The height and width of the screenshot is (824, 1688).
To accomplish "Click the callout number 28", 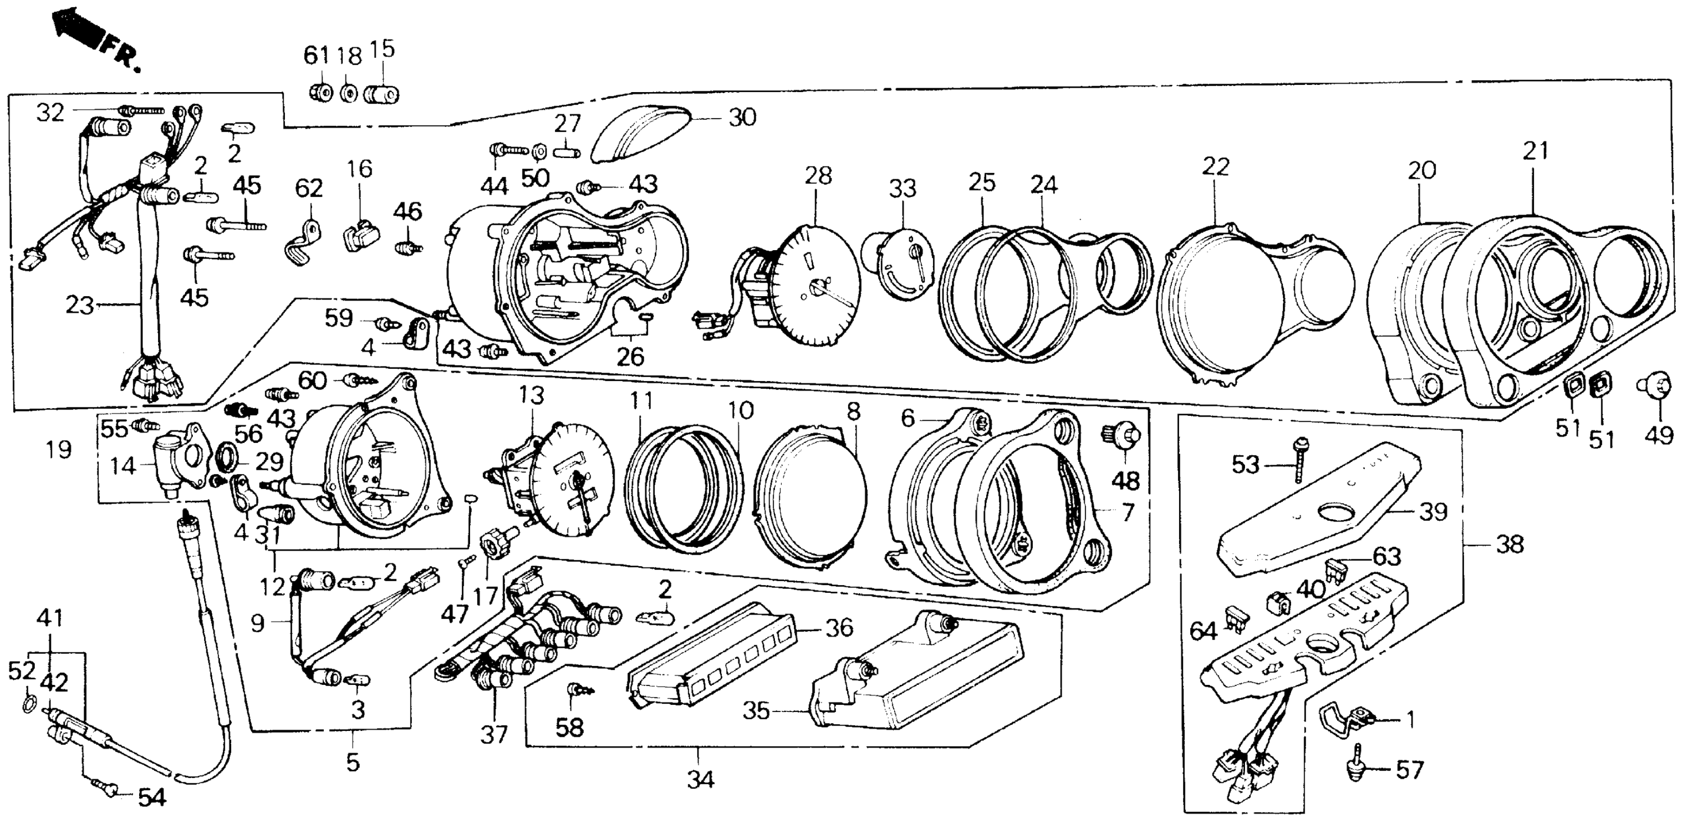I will coord(818,176).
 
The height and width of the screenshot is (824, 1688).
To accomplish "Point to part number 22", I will coord(1215,167).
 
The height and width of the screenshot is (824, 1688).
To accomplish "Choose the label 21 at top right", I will coord(1535,151).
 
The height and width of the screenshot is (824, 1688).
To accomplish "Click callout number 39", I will coord(1433,512).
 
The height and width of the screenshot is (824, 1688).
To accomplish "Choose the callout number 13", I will coord(532,396).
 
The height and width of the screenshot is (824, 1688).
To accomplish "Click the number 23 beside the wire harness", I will coord(79,305).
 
